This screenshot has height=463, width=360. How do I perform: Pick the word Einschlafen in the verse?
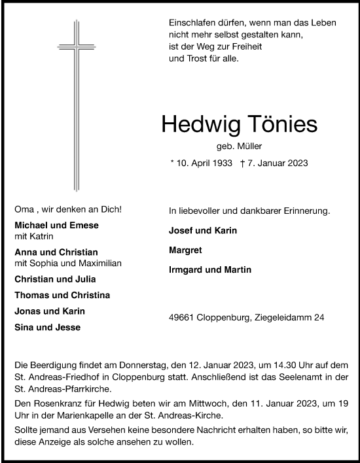coord(191,22)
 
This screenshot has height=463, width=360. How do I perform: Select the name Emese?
coord(85,226)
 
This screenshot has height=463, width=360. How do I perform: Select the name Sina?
coord(24,327)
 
